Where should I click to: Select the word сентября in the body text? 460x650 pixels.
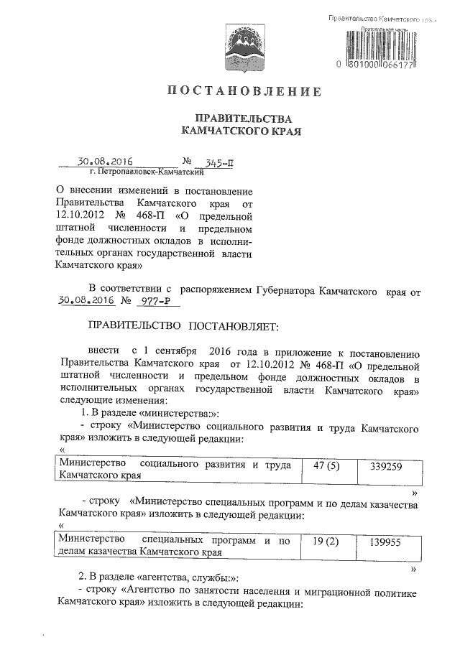coord(175,352)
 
